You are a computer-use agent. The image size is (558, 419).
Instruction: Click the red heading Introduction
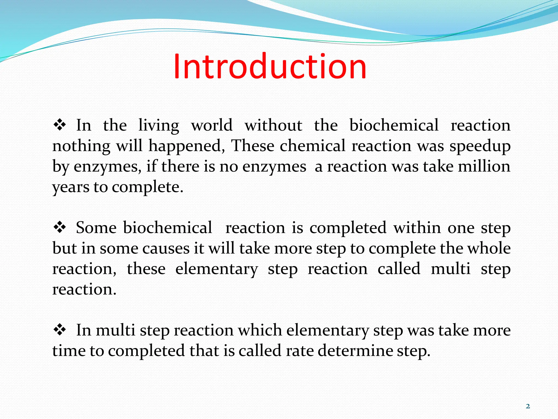(x=270, y=66)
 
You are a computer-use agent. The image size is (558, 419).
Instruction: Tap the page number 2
(x=528, y=406)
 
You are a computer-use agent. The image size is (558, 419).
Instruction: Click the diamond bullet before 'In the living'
(x=60, y=125)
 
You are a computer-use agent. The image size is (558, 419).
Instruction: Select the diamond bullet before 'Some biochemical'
(x=60, y=228)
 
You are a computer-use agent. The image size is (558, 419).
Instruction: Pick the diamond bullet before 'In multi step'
(x=60, y=330)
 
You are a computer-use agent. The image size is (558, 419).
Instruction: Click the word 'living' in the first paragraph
(x=159, y=126)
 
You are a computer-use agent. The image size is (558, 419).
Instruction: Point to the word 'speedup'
(x=480, y=146)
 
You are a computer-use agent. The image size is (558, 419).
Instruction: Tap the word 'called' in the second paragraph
(x=399, y=268)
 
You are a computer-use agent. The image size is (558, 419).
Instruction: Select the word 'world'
(x=212, y=125)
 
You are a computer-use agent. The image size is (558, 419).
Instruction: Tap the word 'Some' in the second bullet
(x=96, y=228)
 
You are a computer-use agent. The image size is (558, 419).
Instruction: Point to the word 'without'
(x=273, y=125)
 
